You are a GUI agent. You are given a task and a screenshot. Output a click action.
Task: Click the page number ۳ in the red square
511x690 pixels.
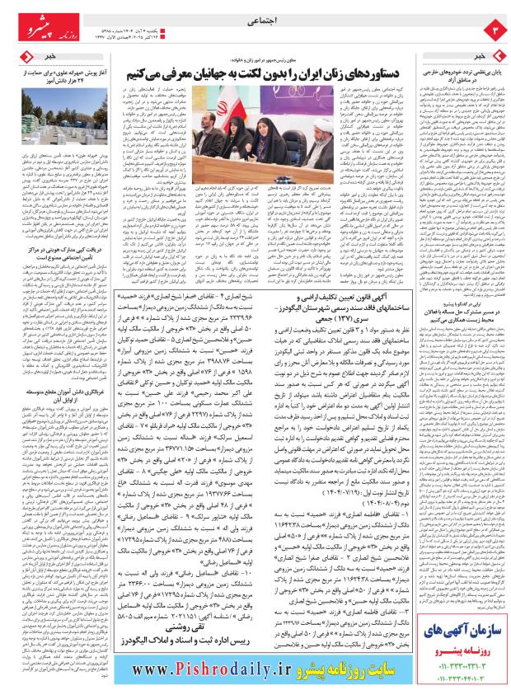tap(497, 31)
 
